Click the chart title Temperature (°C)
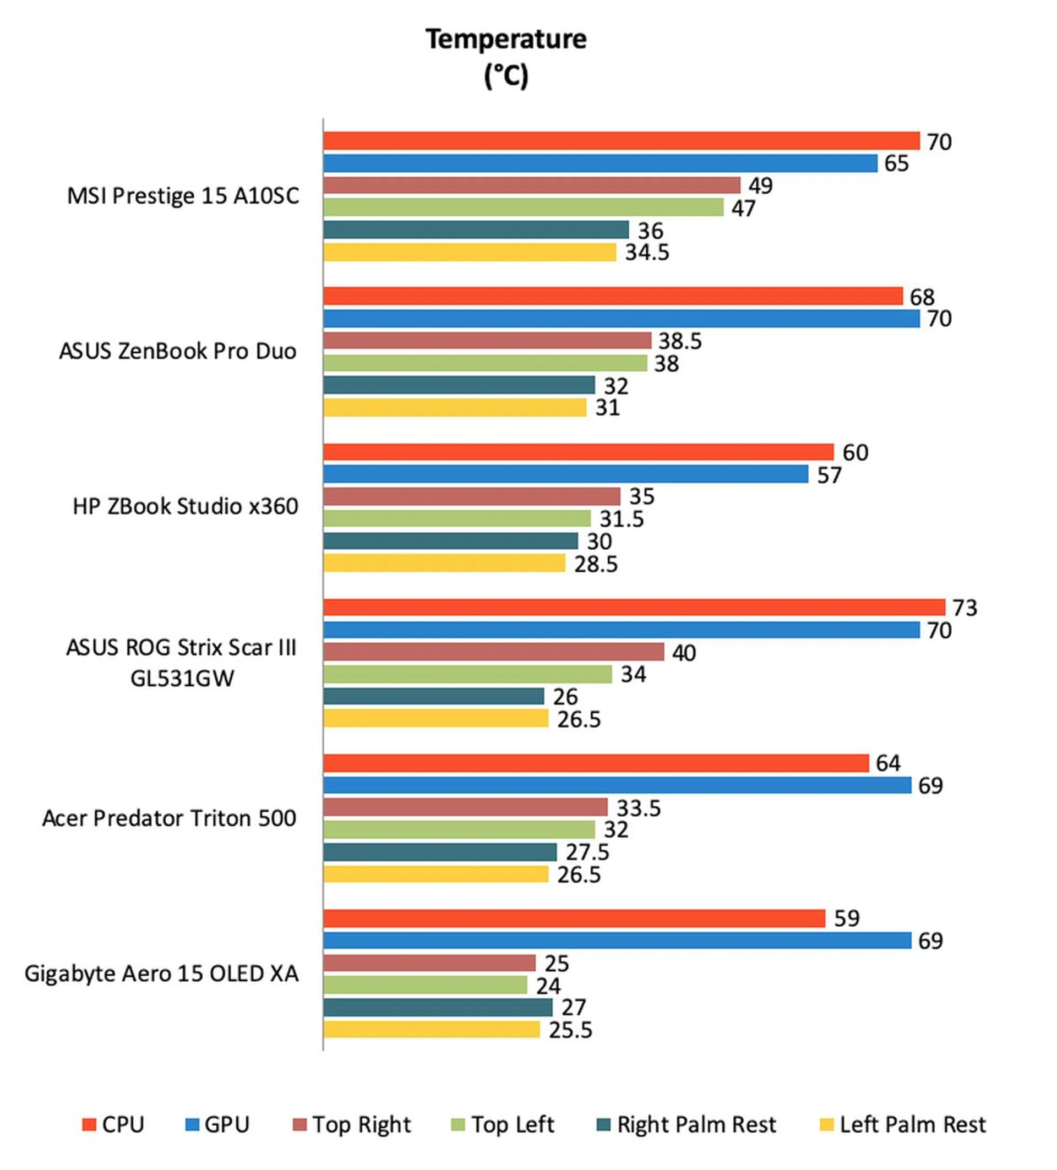(x=505, y=57)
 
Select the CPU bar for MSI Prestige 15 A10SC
(x=621, y=141)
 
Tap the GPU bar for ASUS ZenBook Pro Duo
(x=621, y=319)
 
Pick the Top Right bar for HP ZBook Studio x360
(x=471, y=496)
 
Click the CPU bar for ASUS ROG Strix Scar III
(x=634, y=607)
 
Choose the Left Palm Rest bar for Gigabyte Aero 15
(x=431, y=1030)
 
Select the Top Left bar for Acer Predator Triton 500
(x=459, y=829)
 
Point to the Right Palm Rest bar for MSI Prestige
(x=476, y=230)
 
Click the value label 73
(x=965, y=608)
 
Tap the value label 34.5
(x=647, y=253)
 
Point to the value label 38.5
(x=680, y=341)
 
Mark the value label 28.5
(x=596, y=564)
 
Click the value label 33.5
(x=639, y=808)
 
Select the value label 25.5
(x=570, y=1030)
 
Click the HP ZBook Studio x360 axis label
(x=185, y=507)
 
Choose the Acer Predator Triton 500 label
(x=169, y=818)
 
